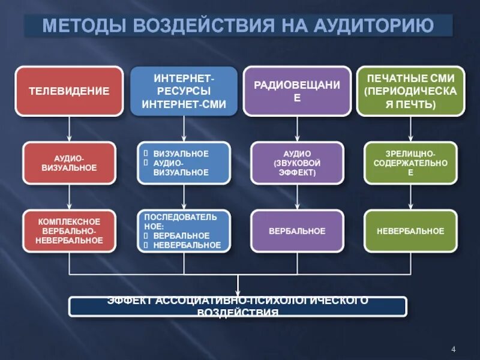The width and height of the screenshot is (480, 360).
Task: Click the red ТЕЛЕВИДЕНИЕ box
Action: (x=70, y=91)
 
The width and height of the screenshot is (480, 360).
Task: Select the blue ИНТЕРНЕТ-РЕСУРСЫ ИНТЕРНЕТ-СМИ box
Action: (x=184, y=91)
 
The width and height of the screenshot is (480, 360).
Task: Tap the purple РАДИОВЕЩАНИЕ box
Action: (x=297, y=91)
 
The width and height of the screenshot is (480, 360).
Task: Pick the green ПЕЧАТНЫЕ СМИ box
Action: (x=410, y=91)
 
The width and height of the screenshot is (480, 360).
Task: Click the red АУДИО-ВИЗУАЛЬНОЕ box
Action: (x=70, y=163)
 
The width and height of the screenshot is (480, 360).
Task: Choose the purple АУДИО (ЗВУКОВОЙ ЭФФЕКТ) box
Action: (x=297, y=163)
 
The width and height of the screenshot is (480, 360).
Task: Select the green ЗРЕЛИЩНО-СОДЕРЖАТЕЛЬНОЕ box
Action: (x=410, y=163)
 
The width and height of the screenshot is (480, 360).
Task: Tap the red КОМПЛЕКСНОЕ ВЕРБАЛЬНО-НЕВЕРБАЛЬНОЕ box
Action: (x=70, y=231)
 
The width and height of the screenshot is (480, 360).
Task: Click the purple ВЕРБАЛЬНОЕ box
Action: (x=297, y=231)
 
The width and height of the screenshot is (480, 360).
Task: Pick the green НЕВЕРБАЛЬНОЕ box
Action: (x=410, y=231)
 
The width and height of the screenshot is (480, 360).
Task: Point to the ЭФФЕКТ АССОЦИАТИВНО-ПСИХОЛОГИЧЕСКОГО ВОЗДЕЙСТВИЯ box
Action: (x=238, y=306)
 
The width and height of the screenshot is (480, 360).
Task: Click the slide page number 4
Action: (x=453, y=349)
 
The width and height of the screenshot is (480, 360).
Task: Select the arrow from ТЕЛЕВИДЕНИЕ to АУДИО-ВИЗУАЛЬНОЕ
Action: (x=70, y=129)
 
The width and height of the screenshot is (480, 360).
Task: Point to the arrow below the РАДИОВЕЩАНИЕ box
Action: (x=297, y=129)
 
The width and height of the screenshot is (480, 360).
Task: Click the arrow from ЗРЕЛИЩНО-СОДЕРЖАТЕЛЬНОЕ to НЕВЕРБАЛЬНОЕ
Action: (x=410, y=197)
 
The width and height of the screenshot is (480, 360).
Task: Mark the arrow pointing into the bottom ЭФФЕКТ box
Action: (x=238, y=285)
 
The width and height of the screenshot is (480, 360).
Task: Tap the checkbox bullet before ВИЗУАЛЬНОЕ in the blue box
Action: (x=146, y=154)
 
